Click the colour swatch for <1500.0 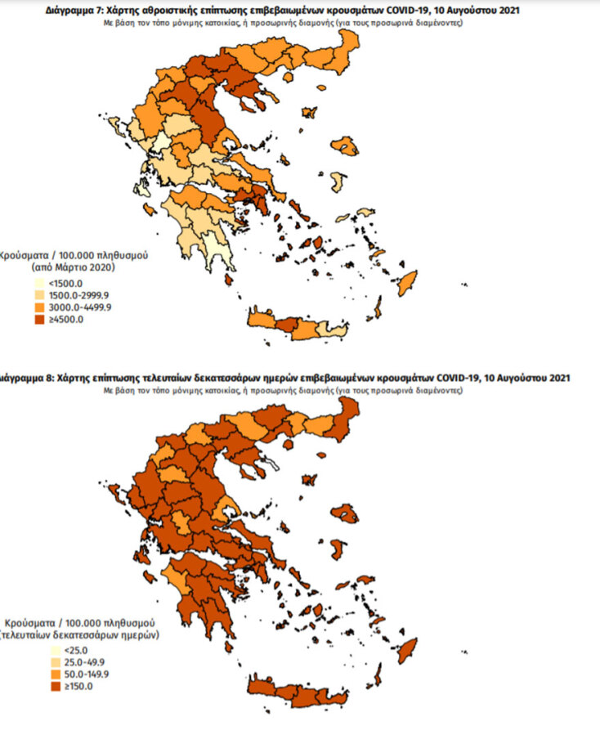38,282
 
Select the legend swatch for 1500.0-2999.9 38,294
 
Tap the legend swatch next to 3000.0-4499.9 38,307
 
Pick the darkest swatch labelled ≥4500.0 38,319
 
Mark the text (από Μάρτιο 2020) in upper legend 74,267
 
